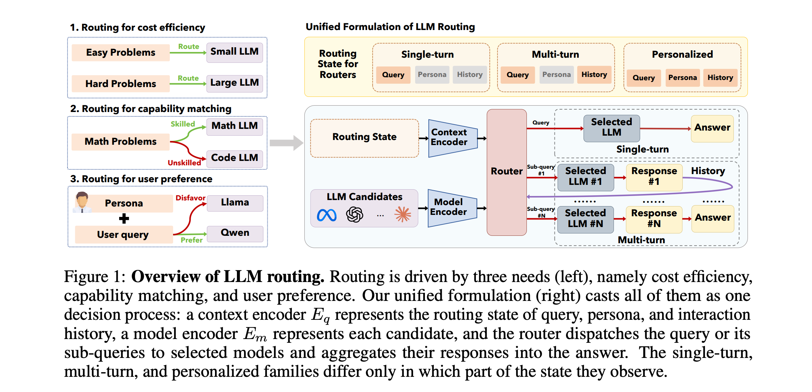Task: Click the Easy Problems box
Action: [120, 52]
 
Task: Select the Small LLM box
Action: [235, 52]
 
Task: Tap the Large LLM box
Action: [235, 83]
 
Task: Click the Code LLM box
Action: [235, 158]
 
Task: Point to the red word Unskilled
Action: [184, 163]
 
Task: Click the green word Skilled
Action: [183, 124]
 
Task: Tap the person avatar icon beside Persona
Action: [82, 202]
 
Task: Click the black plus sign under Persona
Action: [124, 219]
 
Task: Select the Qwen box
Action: [235, 233]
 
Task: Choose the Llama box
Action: [235, 203]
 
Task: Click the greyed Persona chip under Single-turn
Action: [432, 75]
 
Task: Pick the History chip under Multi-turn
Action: [594, 75]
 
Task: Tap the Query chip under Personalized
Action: [644, 78]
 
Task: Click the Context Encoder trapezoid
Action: [453, 138]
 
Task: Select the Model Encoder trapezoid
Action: [452, 208]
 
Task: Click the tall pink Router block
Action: [507, 172]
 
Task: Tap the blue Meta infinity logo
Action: [327, 215]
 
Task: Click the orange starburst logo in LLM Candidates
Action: [403, 215]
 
